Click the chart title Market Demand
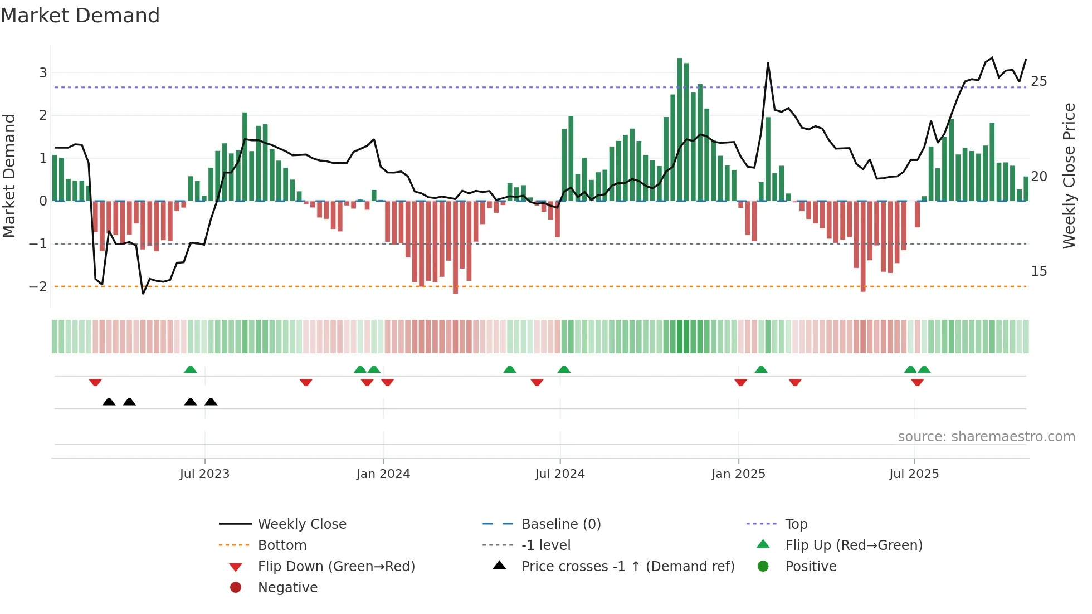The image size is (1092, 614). tap(80, 16)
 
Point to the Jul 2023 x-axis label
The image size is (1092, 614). tap(204, 474)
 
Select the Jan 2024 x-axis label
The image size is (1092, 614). tap(383, 474)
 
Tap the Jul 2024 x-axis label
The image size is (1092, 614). tap(560, 474)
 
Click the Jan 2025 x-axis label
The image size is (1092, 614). tap(738, 474)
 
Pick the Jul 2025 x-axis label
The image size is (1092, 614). tap(914, 474)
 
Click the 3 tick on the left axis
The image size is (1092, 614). tap(43, 73)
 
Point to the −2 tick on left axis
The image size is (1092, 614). tap(38, 287)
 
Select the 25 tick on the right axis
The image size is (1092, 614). tap(1039, 81)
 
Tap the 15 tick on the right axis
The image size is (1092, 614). tap(1039, 271)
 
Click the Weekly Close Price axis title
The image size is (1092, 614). tap(1069, 176)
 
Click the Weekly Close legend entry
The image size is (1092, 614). tap(301, 524)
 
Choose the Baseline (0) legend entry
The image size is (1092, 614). tap(560, 524)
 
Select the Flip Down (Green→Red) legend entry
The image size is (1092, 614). tap(336, 567)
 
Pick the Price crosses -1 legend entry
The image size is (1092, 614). tap(627, 567)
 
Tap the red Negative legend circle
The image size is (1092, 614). tap(236, 588)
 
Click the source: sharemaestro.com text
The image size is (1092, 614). tap(986, 437)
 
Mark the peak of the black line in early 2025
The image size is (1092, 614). tap(768, 63)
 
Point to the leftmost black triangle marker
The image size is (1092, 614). tap(109, 402)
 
